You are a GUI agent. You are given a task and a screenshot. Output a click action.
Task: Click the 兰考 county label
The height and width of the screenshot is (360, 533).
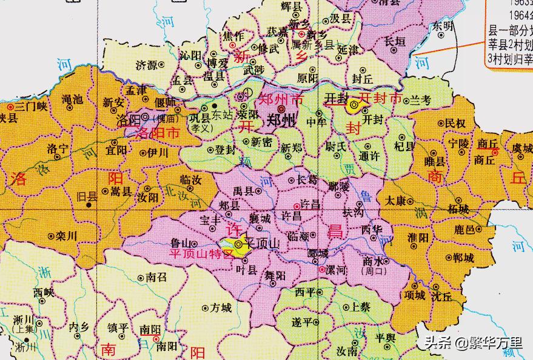coord(420,99)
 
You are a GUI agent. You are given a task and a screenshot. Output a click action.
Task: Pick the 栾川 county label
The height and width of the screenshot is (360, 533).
coord(65,237)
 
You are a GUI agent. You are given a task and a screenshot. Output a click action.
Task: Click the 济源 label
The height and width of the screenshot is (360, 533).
coord(146,64)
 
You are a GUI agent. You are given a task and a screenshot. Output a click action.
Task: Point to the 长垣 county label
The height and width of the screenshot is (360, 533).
coord(395,41)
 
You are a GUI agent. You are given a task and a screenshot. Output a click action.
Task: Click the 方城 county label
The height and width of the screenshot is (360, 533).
coord(221,308)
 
